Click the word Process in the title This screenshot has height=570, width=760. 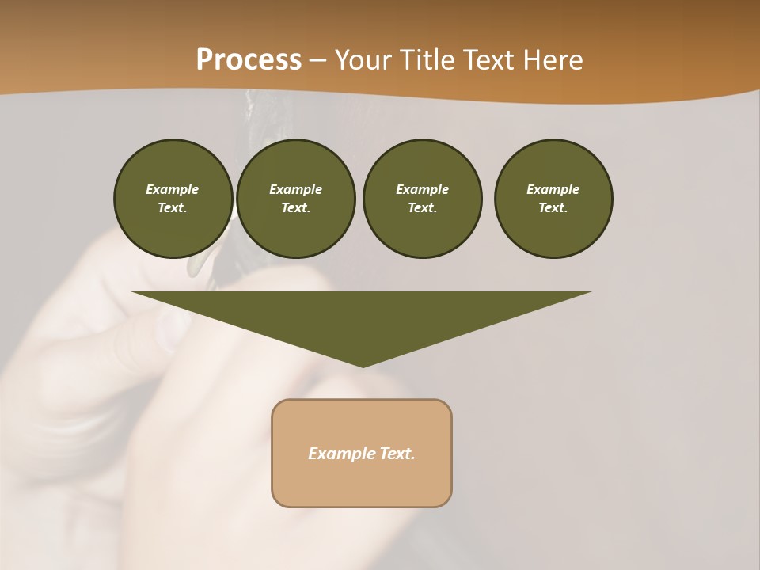[249, 60]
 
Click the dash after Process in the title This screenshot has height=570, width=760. [317, 62]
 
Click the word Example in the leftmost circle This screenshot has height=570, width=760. [173, 189]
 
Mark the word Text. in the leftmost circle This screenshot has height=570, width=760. [173, 207]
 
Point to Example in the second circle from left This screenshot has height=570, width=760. [296, 189]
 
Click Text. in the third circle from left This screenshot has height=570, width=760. [422, 207]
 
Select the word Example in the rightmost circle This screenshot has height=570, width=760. [553, 189]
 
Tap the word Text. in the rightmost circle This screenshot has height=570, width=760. [553, 207]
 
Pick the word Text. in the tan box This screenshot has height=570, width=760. [396, 454]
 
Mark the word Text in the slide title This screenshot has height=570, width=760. [489, 60]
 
